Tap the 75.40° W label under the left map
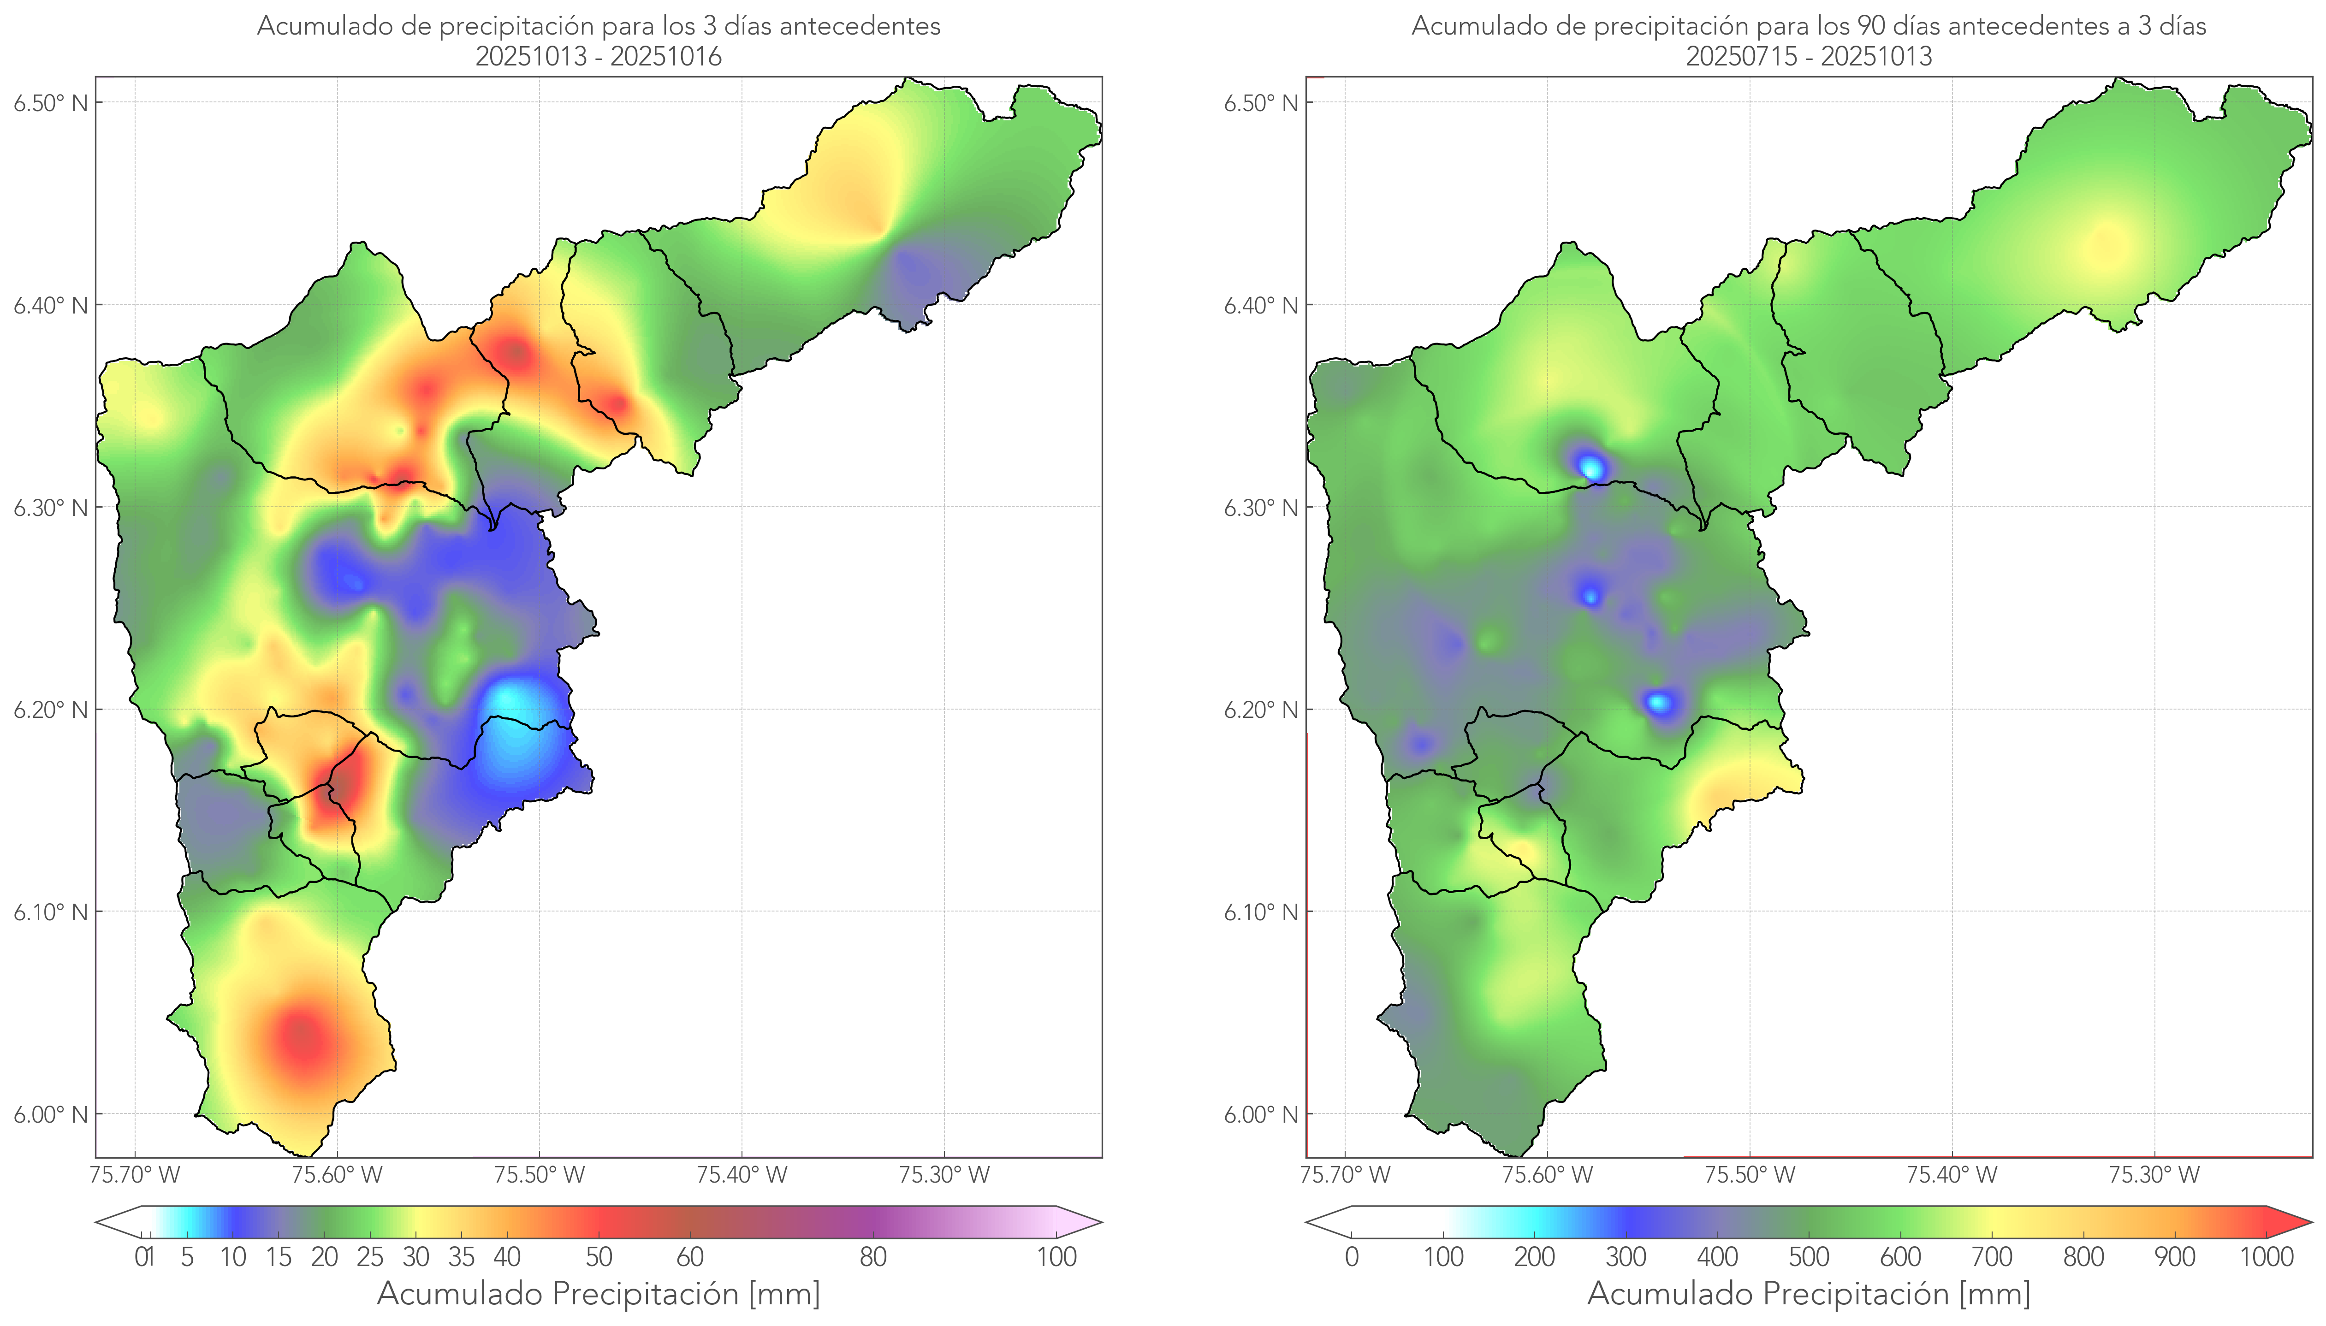coord(742,1175)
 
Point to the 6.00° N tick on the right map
coord(1261,1115)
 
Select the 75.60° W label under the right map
coord(1547,1175)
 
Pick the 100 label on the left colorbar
coord(1056,1257)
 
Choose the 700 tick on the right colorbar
coord(1992,1257)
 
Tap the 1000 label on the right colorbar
coord(2266,1257)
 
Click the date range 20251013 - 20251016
coord(599,56)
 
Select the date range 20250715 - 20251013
coord(1809,56)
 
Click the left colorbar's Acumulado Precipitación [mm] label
coord(599,1293)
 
